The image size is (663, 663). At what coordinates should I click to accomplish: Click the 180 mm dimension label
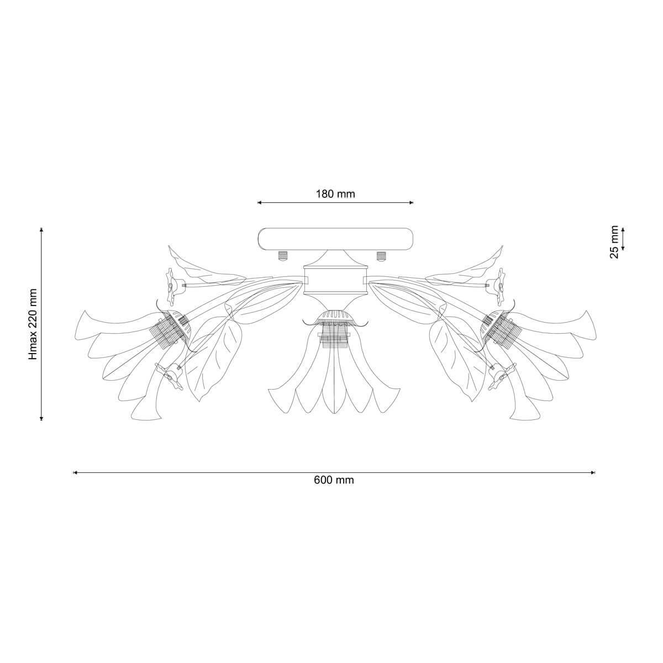(335, 194)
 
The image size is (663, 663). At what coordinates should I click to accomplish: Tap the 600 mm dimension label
(333, 480)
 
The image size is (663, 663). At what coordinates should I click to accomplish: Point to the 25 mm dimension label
(614, 242)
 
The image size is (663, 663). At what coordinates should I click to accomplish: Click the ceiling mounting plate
(336, 239)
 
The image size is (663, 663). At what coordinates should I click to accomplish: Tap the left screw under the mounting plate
(282, 256)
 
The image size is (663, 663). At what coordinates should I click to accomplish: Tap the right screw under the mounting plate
(381, 256)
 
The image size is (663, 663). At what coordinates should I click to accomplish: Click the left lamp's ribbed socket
(170, 327)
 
